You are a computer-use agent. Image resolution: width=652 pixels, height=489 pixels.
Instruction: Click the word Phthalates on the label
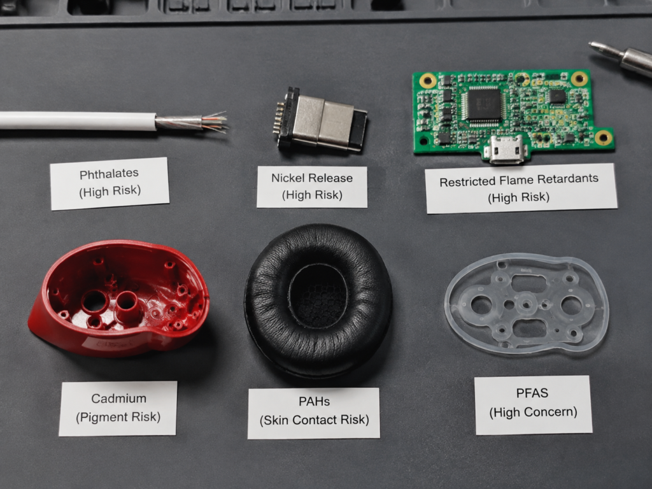click(109, 174)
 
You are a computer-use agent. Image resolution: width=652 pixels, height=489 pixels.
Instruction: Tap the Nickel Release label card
click(312, 187)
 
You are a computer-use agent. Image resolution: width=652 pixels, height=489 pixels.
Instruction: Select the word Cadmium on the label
click(118, 399)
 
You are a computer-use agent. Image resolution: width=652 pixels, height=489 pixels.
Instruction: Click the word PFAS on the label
click(532, 393)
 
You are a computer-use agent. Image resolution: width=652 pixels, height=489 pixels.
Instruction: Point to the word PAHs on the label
click(314, 401)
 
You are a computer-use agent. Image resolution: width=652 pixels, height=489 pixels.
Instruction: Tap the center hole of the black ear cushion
click(319, 295)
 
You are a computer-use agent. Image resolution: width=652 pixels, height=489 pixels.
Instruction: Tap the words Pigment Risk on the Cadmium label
click(119, 417)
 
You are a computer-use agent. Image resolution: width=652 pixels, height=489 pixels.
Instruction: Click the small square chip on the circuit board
click(557, 97)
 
